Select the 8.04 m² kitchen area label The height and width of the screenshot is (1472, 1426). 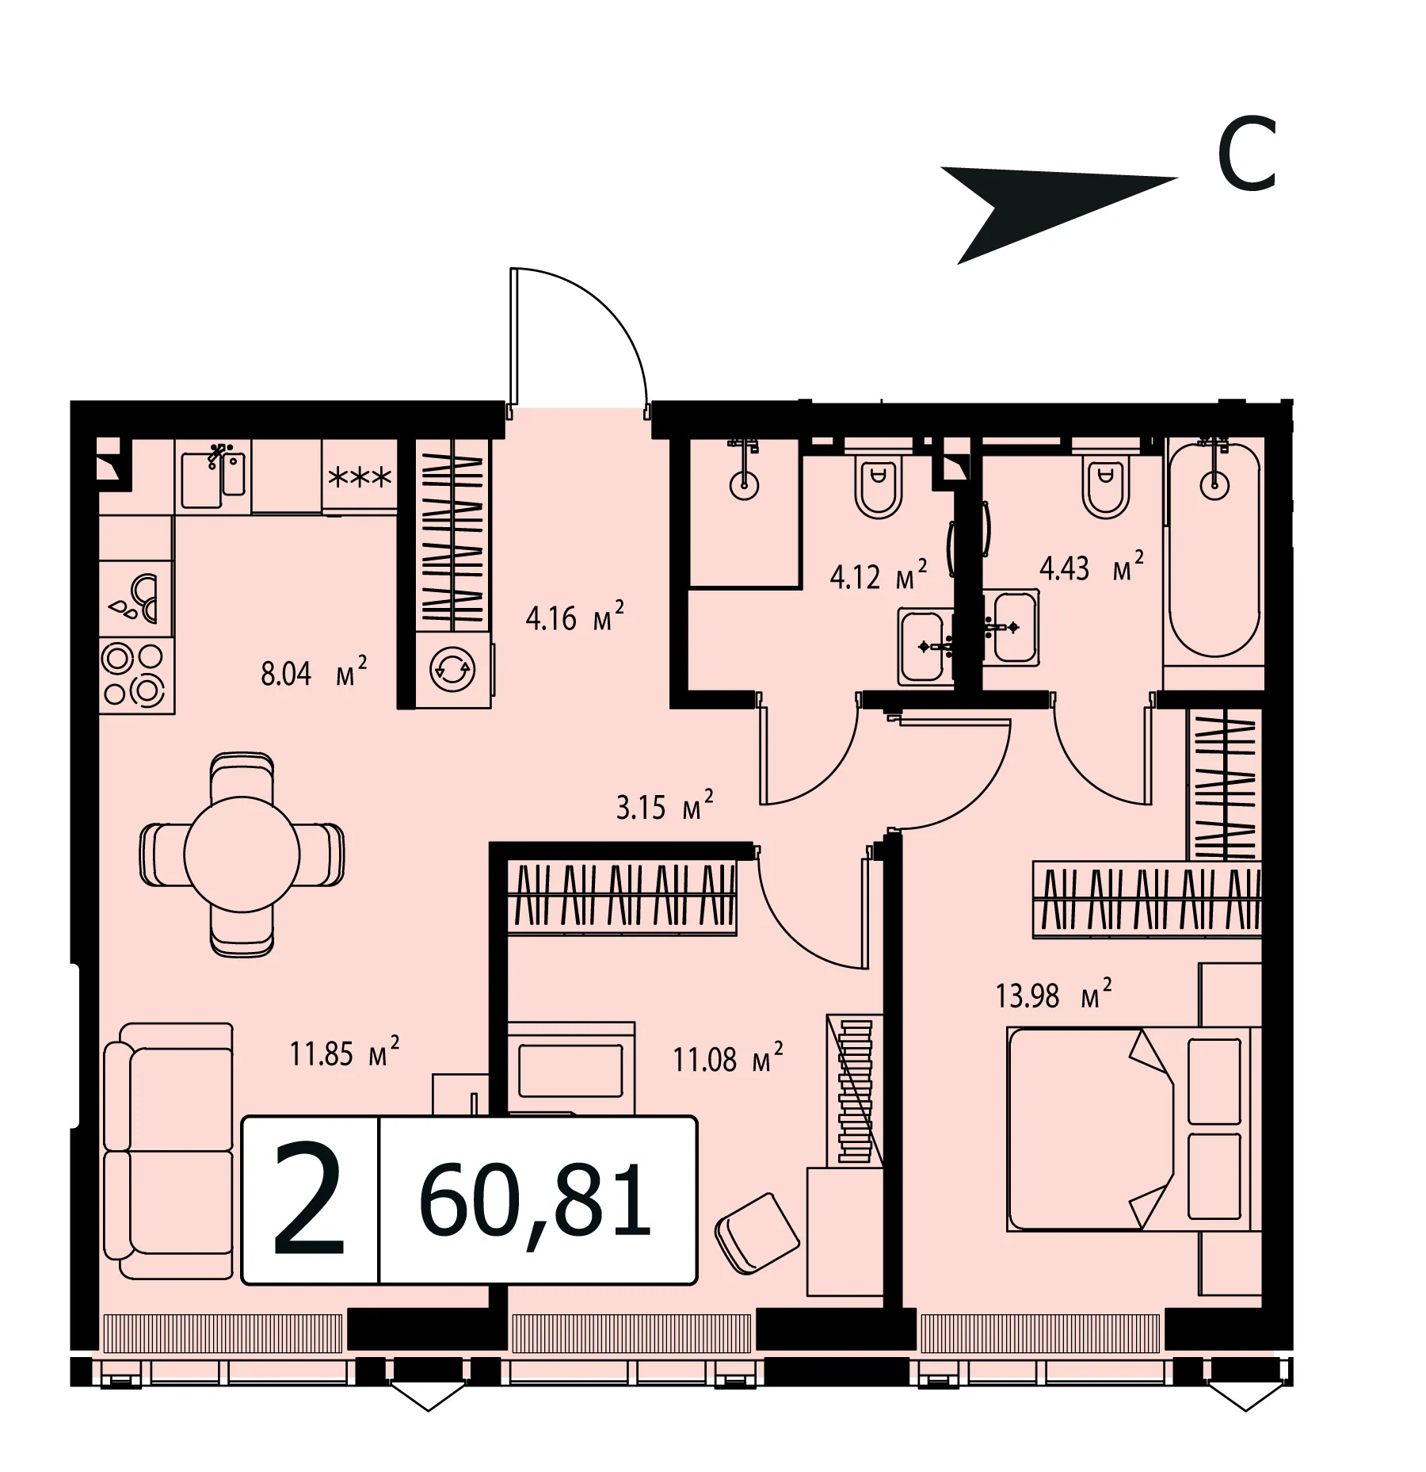[x=314, y=673]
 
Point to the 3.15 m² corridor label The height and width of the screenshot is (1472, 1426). [x=665, y=806]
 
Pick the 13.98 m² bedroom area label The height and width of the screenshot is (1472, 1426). [x=1054, y=994]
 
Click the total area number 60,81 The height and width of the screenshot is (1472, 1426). [x=536, y=1201]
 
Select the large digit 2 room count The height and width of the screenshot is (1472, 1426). [x=309, y=1199]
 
